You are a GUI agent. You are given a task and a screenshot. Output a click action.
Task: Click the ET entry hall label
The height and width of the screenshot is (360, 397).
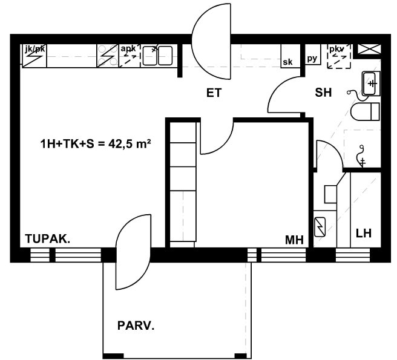pyautogui.click(x=214, y=93)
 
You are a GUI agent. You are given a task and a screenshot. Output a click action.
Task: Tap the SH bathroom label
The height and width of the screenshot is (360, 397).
pyautogui.click(x=323, y=93)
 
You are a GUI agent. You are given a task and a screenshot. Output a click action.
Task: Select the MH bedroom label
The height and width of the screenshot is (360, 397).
pyautogui.click(x=295, y=240)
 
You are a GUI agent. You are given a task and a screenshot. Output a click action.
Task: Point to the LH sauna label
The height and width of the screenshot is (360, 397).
pyautogui.click(x=364, y=233)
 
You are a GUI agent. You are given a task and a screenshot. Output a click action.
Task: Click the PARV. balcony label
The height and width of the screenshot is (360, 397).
pyautogui.click(x=136, y=326)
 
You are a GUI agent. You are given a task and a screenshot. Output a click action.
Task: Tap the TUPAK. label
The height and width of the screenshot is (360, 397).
pyautogui.click(x=48, y=239)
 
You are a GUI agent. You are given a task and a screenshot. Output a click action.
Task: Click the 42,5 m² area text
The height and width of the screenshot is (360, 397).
pyautogui.click(x=130, y=144)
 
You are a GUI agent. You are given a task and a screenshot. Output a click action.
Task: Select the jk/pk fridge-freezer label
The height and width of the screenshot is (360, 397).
pyautogui.click(x=35, y=48)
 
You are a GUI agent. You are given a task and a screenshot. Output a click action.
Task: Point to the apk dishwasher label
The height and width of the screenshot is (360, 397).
pyautogui.click(x=128, y=48)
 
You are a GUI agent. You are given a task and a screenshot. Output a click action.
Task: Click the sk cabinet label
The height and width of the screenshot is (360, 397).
pyautogui.click(x=287, y=62)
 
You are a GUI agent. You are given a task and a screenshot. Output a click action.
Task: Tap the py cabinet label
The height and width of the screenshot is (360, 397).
pyautogui.click(x=312, y=59)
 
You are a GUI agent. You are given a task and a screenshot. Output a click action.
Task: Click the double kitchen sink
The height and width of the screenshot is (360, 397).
pyautogui.click(x=157, y=56)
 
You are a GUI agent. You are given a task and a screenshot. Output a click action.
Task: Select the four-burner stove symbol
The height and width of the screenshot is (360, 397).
pyautogui.click(x=108, y=56)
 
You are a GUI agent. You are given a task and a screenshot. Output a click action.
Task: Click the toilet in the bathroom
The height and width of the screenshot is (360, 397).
pyautogui.click(x=366, y=111)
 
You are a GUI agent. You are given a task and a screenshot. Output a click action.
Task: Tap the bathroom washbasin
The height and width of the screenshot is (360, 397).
pyautogui.click(x=371, y=83)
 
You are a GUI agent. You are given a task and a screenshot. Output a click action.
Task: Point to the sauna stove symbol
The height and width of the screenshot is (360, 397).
pyautogui.click(x=320, y=227)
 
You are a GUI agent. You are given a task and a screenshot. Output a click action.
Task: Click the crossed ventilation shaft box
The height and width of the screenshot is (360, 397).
pyautogui.click(x=369, y=49)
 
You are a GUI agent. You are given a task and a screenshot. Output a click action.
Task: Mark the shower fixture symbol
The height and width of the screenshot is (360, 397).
pyautogui.click(x=361, y=156)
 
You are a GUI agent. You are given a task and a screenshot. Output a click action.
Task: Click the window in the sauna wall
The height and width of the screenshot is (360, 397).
pyautogui.click(x=352, y=255)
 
